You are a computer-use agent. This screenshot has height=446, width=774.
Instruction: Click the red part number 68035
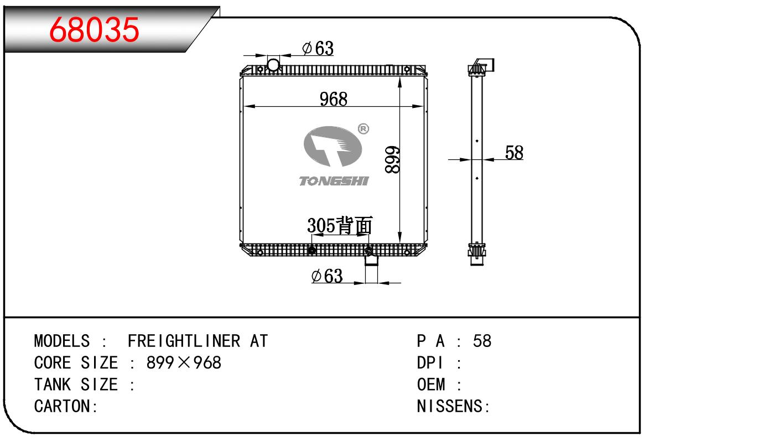click(94, 29)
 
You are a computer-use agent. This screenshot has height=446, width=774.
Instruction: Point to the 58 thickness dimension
click(514, 153)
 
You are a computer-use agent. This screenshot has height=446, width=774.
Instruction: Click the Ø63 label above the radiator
click(318, 49)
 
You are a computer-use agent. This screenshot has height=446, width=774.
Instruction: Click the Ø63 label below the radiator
click(327, 276)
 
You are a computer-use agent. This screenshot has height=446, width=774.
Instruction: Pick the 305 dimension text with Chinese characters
click(340, 225)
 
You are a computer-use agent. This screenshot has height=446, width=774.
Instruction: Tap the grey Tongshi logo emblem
click(332, 146)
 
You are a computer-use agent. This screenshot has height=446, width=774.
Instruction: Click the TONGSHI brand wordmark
click(334, 181)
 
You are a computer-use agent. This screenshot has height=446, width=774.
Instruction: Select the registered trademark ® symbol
click(363, 129)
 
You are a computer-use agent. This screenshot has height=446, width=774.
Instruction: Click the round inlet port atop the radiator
click(273, 65)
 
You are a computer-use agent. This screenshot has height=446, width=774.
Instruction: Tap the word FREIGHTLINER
click(184, 341)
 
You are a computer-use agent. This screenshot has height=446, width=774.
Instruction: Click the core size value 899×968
click(184, 363)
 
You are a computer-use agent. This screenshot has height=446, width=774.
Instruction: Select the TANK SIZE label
click(76, 385)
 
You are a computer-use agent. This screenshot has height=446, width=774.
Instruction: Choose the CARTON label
click(66, 406)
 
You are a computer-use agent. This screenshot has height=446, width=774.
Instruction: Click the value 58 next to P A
click(482, 341)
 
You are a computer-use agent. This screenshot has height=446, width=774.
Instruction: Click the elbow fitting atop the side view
click(485, 65)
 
